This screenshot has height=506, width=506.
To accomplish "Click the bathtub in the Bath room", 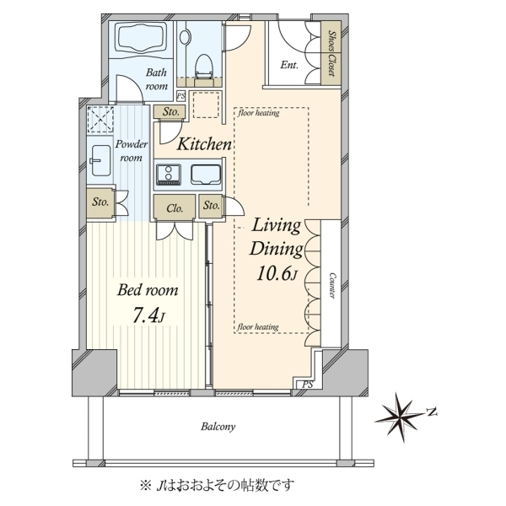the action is tap(142, 39).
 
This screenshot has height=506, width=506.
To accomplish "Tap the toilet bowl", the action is tap(204, 67).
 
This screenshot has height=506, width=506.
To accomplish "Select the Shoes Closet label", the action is tap(331, 53).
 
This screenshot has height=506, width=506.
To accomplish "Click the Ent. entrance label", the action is tap(289, 65).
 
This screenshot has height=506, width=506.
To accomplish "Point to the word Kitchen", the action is tap(204, 144).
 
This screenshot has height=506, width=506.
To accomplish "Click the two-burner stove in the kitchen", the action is tap(169, 175).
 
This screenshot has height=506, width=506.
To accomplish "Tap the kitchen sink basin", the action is tap(206, 175).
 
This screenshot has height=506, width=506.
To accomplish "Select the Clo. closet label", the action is tap(175, 208).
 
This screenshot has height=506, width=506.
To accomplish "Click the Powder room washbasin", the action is tap(101, 160).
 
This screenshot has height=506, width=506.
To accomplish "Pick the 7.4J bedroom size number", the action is tap(148, 315).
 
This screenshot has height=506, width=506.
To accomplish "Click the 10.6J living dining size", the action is tap(277, 273).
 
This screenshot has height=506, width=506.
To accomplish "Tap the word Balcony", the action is tap(218, 427).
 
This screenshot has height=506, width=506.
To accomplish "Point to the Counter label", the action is tap(332, 286).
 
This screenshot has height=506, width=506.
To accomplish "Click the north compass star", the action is tap(400, 417).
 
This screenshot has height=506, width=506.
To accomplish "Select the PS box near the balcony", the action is tap(308, 385).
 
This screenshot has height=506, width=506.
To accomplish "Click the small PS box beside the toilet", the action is tap(181, 96).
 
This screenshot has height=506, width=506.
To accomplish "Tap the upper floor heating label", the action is tap(259, 113).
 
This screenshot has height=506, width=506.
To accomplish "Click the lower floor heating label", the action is tap(258, 327).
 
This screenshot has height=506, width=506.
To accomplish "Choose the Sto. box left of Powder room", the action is tap(100, 202).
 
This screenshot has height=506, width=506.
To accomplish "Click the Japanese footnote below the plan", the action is tap(217, 484).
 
